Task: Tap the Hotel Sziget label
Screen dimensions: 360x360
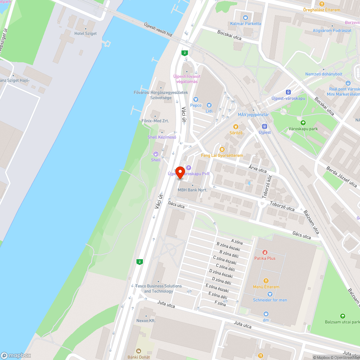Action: pos(85,33)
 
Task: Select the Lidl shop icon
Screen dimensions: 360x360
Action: pos(209,105)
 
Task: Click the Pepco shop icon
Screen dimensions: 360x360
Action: pos(196,99)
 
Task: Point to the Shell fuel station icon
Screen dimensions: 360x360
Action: pos(156,154)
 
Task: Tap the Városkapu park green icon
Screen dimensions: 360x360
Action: pos(303,123)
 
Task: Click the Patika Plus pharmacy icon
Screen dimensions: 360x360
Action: pos(265,252)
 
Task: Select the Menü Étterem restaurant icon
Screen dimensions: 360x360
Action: pos(266,281)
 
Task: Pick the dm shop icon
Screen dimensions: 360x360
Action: pos(266,314)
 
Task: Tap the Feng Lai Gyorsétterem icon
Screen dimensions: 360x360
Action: pos(222,149)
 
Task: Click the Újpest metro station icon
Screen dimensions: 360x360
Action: pos(265,126)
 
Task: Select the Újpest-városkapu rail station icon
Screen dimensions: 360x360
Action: pos(288,92)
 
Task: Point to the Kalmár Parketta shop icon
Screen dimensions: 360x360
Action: pos(246,17)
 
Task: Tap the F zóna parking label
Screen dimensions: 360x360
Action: pos(220,303)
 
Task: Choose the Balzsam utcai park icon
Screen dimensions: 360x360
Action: pos(342,315)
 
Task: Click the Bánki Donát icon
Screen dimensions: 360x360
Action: pos(138,351)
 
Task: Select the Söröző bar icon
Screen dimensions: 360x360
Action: pos(236,127)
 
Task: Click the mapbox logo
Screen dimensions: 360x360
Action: pos(16,355)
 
